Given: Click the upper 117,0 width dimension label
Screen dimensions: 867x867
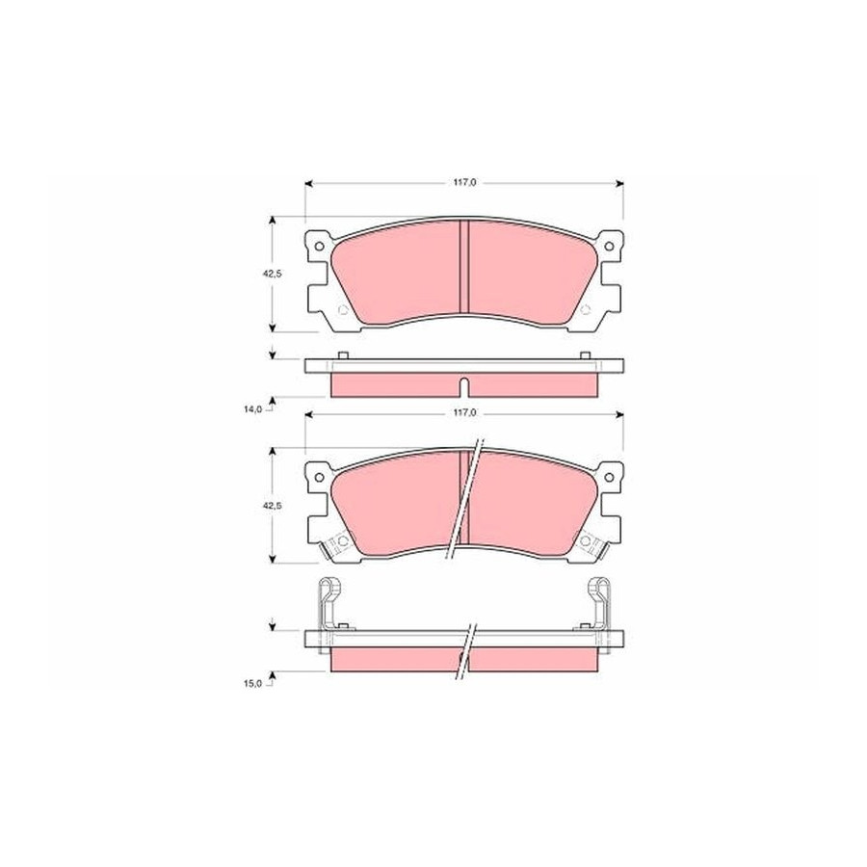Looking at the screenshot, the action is coord(465,182).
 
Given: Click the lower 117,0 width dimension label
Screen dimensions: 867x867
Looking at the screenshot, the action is coord(465,412).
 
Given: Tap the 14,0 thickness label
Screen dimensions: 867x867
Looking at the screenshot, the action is coord(253,409).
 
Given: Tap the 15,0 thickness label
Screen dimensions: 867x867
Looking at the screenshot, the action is coord(253,683).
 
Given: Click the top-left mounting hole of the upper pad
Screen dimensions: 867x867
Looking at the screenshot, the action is coord(319,246).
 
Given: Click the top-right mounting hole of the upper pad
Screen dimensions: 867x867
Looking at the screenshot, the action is coord(609,246).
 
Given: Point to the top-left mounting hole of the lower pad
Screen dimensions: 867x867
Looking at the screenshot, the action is coord(319,477).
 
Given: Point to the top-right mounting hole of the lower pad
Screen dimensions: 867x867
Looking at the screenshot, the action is coord(609,477).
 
